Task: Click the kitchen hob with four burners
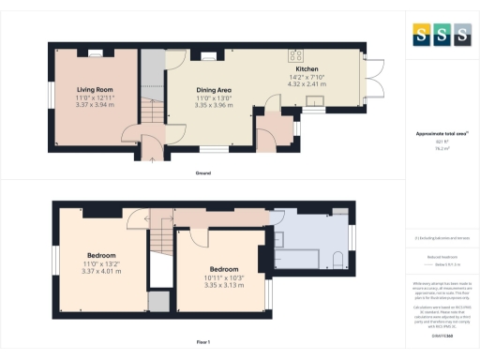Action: click(x=296, y=53)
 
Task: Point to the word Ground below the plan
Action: click(x=202, y=173)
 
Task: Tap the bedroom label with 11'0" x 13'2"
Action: click(x=102, y=254)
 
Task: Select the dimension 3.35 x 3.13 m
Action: click(x=223, y=278)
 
